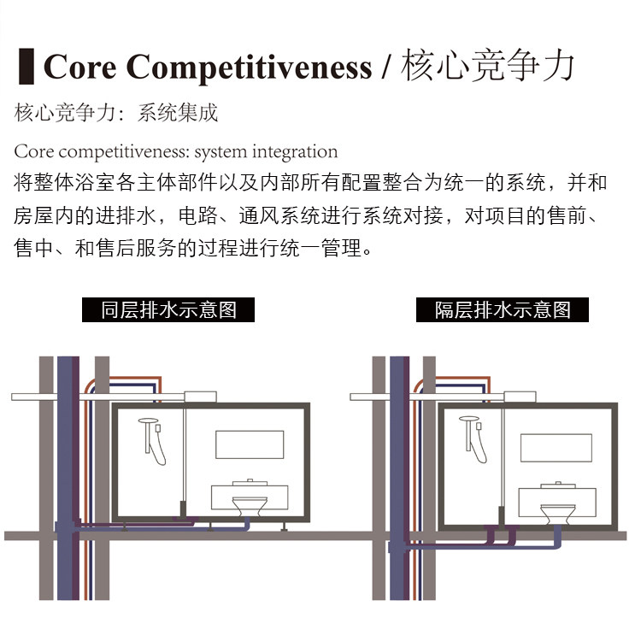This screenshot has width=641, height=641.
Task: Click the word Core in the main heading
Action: click(79, 67)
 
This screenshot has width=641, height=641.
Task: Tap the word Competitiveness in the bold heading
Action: click(249, 68)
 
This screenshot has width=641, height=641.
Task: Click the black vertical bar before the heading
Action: click(26, 66)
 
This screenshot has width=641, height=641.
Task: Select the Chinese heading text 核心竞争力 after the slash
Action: click(487, 66)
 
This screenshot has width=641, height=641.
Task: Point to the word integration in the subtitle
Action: click(295, 152)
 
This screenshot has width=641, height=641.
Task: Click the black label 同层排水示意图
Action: click(168, 310)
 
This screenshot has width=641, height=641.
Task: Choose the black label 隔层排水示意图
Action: click(503, 310)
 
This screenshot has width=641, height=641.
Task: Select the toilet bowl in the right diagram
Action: click(557, 515)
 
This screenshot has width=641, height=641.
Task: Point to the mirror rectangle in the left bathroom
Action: click(250, 444)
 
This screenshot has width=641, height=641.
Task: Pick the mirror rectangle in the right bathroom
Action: click(556, 448)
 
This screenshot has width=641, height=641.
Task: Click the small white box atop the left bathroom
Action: click(200, 397)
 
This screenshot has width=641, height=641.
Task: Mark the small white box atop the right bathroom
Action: click(520, 396)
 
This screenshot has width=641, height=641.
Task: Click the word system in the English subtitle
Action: click(221, 152)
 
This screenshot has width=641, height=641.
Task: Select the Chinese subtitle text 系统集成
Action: click(178, 113)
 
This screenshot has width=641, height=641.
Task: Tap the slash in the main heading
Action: click(386, 67)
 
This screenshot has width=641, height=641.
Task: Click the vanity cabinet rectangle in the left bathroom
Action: click(250, 497)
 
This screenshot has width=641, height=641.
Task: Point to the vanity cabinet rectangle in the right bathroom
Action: click(557, 502)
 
